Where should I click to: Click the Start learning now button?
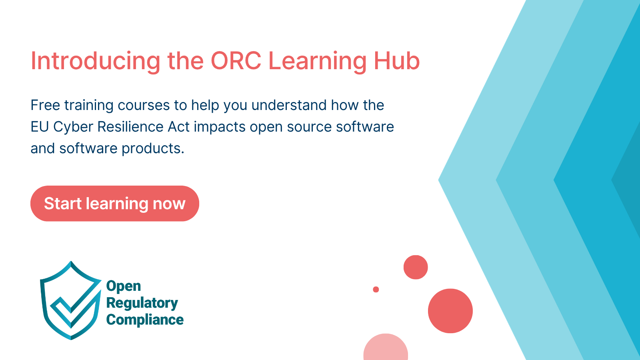[114, 204]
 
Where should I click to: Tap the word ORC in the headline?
[236, 60]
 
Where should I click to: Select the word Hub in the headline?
[396, 60]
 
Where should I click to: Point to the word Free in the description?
[45, 105]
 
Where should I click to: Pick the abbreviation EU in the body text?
[40, 127]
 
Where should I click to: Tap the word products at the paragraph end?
[153, 149]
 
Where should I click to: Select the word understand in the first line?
[289, 105]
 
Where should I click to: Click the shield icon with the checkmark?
[71, 300]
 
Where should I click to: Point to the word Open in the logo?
[124, 286]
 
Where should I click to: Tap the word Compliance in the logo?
[145, 320]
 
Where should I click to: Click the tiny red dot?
[376, 290]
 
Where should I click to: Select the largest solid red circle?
[450, 311]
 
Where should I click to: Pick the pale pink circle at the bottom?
[386, 348]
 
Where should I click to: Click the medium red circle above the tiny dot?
[416, 267]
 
